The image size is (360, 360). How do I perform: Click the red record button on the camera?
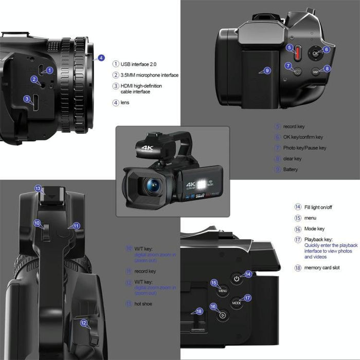point(297,52)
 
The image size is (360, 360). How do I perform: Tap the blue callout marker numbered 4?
point(101,58)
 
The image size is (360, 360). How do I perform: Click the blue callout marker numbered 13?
point(38,189)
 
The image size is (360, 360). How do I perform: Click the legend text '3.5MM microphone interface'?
point(150,75)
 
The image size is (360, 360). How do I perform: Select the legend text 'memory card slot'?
point(322,268)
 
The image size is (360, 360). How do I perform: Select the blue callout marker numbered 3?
point(27,98)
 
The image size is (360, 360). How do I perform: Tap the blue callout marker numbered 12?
point(83,323)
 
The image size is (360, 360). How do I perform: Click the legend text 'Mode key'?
point(315,229)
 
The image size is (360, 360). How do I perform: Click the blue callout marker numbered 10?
point(38,223)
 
